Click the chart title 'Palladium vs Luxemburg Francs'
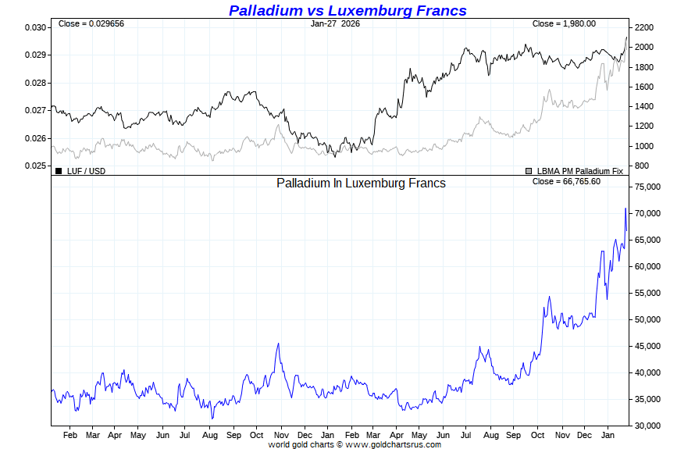(x=347, y=10)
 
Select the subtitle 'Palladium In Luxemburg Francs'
(x=361, y=183)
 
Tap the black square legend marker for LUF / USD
(x=58, y=170)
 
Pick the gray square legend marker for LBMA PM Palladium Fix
(x=529, y=170)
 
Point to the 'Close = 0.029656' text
(x=91, y=23)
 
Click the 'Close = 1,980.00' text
(x=564, y=23)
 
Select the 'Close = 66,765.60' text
(x=566, y=181)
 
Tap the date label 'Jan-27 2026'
(x=336, y=23)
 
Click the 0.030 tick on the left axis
(x=35, y=27)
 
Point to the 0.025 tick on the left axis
(x=35, y=166)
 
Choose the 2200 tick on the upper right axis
(x=644, y=27)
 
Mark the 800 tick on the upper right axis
(x=642, y=166)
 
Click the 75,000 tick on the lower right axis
(x=649, y=187)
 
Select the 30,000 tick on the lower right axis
(x=649, y=426)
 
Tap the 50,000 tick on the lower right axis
(x=649, y=319)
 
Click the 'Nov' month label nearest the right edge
(x=561, y=434)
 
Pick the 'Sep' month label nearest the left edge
(x=233, y=434)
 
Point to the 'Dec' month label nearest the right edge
(x=585, y=434)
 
